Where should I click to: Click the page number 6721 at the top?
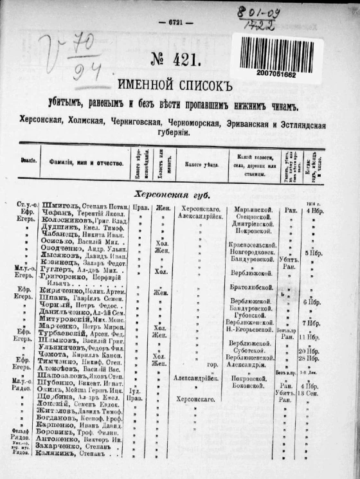pyautogui.click(x=176, y=22)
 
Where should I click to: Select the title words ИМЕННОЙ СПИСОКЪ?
pyautogui.click(x=173, y=85)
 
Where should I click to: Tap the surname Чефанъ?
pyautogui.click(x=53, y=217)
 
